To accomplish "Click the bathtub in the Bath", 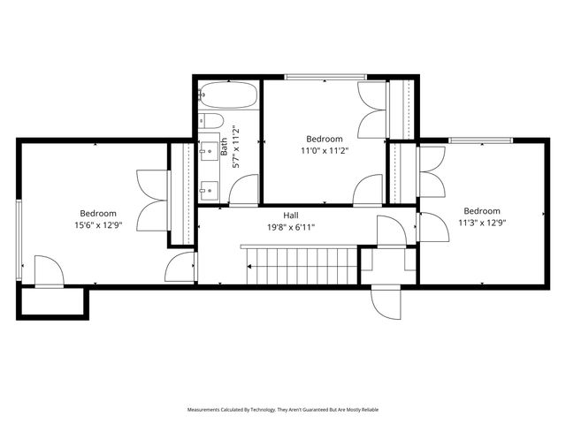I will [227, 94].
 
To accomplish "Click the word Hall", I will [290, 216].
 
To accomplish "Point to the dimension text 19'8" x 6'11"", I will [290, 227].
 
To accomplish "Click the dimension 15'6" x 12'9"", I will [97, 224].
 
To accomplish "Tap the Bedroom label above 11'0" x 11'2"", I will [325, 139].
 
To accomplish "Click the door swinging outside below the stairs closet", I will [386, 304].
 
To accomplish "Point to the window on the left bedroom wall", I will [19, 234].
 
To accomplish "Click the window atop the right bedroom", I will [480, 140].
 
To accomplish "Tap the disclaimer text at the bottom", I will [283, 410].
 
